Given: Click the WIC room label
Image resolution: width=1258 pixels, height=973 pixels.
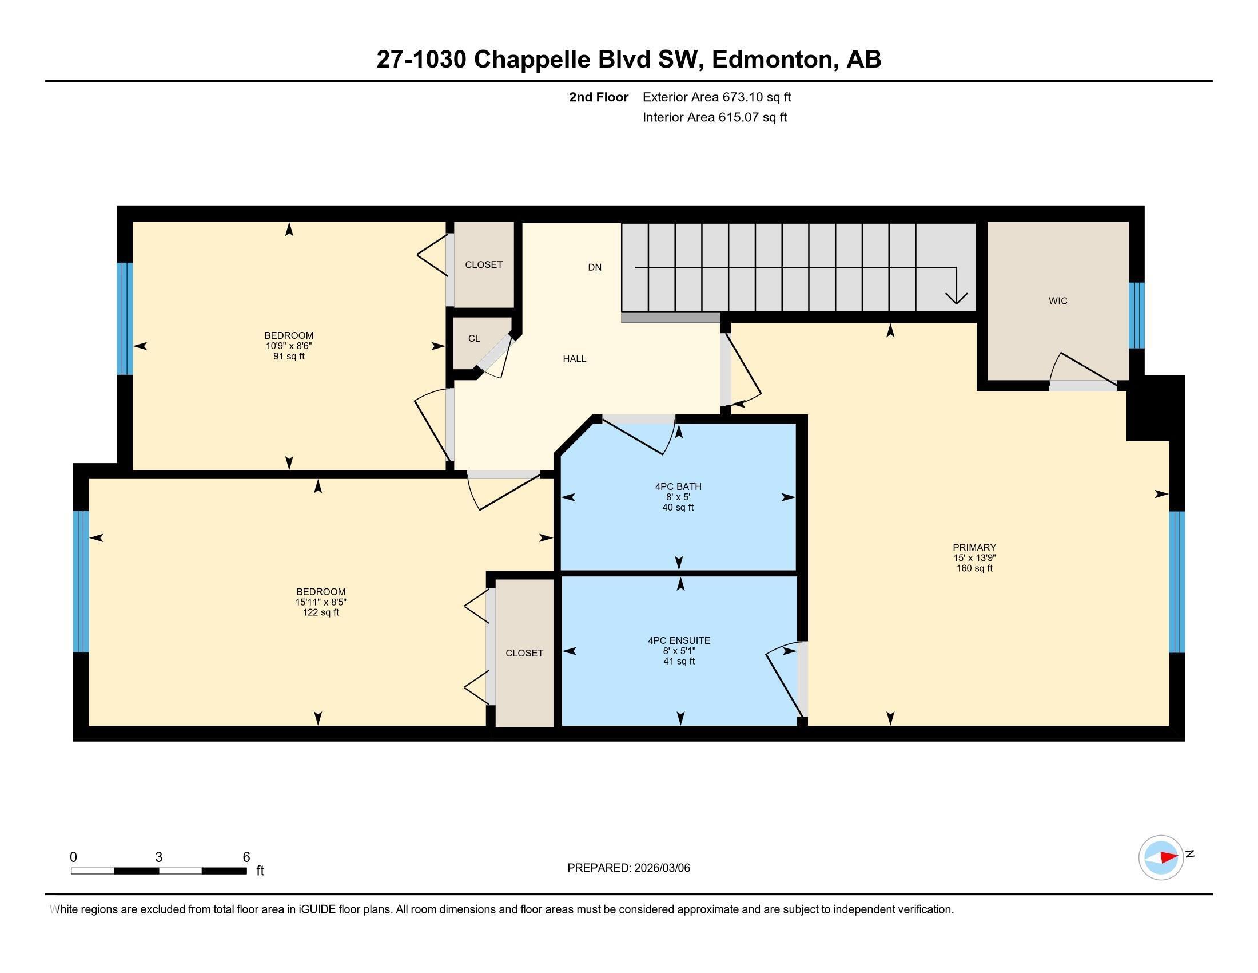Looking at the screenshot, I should click(x=1057, y=301).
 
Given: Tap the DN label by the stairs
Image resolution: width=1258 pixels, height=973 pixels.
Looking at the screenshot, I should click(x=595, y=267).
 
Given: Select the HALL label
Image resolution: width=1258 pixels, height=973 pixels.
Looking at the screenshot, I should click(x=574, y=358).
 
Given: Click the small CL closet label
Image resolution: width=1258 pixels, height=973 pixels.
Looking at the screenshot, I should click(x=474, y=338).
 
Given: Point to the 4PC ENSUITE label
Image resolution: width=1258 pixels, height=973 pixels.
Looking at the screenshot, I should click(x=679, y=640).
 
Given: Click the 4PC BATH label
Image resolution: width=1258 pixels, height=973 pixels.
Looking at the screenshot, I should click(x=678, y=486).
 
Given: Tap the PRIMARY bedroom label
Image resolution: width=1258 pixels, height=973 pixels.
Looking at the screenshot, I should click(x=974, y=548).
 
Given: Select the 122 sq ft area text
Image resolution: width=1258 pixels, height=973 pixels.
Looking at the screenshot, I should click(x=321, y=613).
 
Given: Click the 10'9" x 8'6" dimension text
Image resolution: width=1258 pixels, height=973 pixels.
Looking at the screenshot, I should click(x=289, y=346).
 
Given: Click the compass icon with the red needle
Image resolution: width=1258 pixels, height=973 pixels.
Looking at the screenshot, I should click(x=1161, y=857).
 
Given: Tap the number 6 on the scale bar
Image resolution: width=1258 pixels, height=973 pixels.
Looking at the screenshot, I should click(x=246, y=857).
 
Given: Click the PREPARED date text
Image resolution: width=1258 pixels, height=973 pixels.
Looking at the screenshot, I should click(x=628, y=868).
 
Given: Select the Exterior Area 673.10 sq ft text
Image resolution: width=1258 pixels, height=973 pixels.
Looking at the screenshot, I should click(x=716, y=97).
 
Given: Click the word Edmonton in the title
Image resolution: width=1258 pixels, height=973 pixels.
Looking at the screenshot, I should click(x=775, y=60).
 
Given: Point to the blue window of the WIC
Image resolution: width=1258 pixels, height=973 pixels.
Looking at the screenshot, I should click(x=1136, y=315).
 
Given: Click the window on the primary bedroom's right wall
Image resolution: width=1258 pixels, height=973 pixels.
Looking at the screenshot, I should click(x=1176, y=582).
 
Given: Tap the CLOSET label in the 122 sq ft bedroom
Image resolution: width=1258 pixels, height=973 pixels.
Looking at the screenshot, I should click(x=524, y=653).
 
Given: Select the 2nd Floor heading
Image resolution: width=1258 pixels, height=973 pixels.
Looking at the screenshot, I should click(x=599, y=97).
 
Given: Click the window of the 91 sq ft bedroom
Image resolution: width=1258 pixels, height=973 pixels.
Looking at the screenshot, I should click(x=125, y=319).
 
